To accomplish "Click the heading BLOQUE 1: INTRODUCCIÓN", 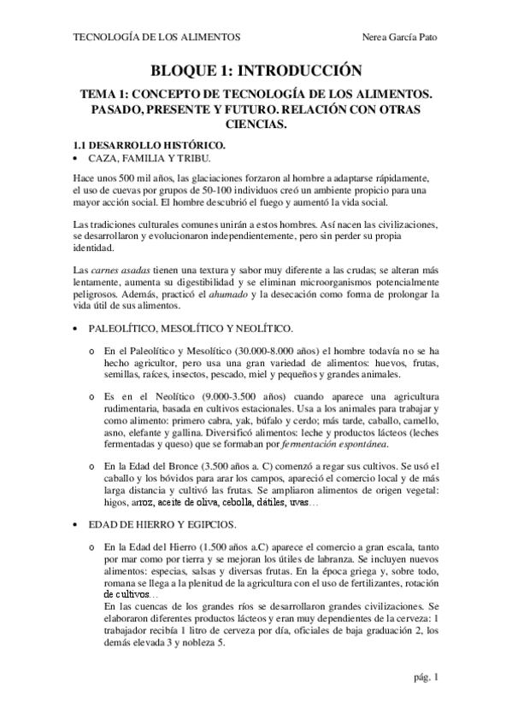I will (x=256, y=71).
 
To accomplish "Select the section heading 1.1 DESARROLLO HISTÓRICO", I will (x=144, y=145).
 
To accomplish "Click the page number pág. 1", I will (x=425, y=678).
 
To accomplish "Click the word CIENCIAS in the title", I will (x=256, y=124).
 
